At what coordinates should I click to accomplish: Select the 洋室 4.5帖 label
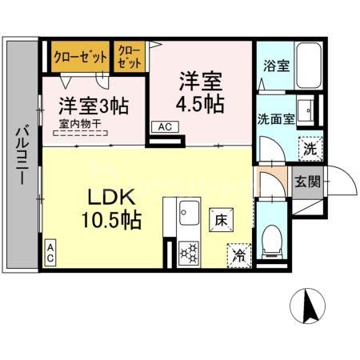click(200, 92)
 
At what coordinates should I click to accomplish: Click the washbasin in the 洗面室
click(306, 110)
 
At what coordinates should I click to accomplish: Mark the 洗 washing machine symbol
click(310, 148)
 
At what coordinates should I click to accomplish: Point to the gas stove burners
click(190, 252)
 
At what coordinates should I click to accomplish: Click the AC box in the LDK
click(50, 254)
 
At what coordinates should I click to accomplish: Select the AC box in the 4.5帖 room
click(163, 126)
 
